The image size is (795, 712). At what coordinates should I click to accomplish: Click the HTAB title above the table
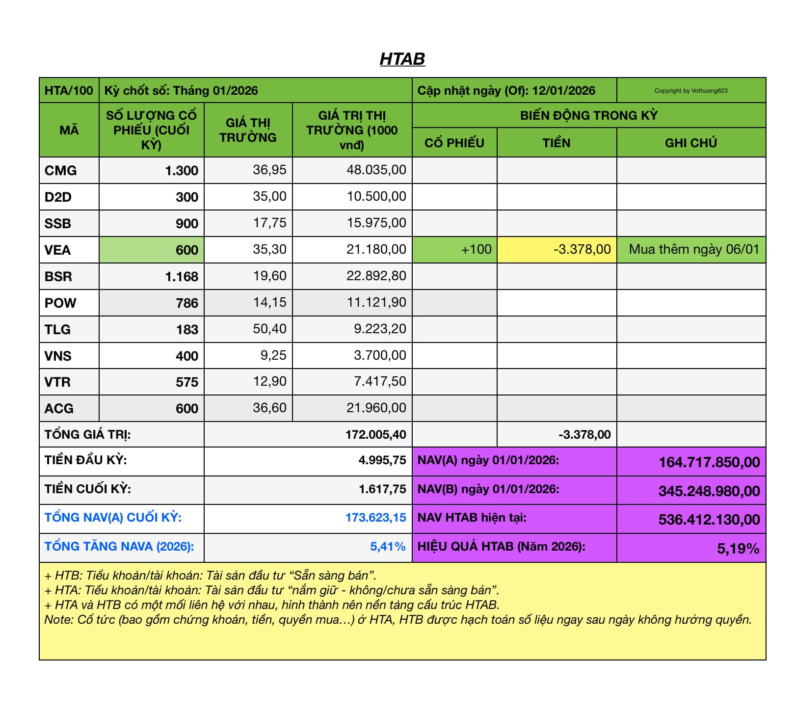click(x=402, y=59)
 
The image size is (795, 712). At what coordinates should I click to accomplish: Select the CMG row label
click(x=60, y=170)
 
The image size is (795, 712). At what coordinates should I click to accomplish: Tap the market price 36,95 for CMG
click(x=269, y=170)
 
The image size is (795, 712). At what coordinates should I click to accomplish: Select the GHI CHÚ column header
click(x=690, y=143)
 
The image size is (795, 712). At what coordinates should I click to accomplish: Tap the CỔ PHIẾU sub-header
click(x=454, y=143)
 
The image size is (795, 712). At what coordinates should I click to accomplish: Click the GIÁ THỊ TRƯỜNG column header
click(x=248, y=130)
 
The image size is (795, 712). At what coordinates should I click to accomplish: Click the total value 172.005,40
click(x=375, y=434)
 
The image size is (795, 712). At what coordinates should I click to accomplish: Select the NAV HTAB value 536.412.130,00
click(x=709, y=519)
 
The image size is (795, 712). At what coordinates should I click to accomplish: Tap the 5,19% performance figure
click(x=738, y=548)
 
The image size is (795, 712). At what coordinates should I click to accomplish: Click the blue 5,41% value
click(x=388, y=547)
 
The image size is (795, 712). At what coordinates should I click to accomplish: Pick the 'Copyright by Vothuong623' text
click(x=690, y=91)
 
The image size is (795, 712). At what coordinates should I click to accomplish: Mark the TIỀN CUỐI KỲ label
click(x=88, y=489)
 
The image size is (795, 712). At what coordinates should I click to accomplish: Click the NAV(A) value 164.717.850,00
click(x=709, y=462)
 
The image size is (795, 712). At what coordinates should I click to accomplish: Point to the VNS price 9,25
click(x=273, y=355)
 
